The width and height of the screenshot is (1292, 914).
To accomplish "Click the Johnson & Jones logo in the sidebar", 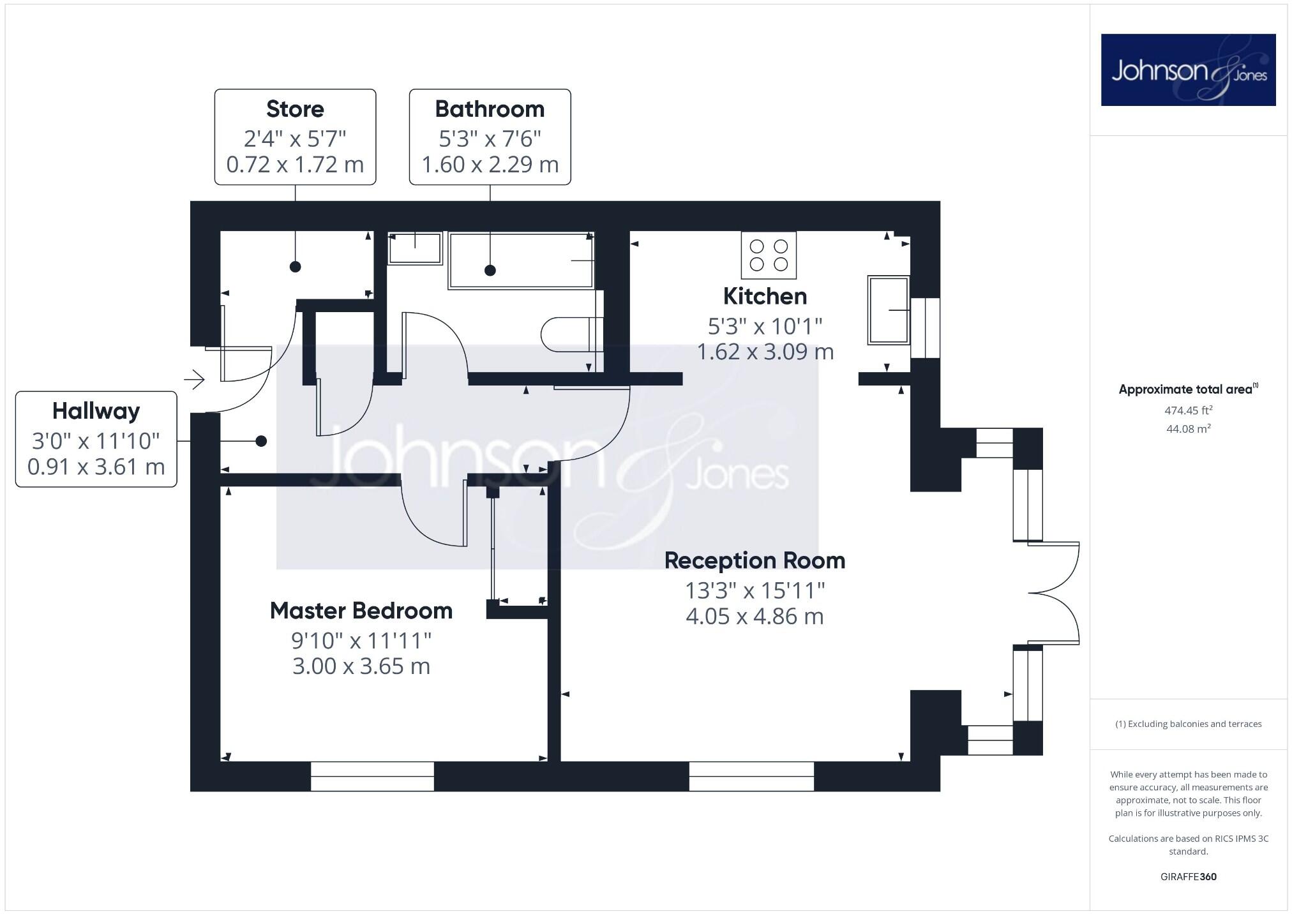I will click(x=1188, y=70).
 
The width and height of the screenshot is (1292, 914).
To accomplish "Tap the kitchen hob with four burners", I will click(x=769, y=255).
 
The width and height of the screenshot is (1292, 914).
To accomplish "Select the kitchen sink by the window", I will click(x=889, y=310).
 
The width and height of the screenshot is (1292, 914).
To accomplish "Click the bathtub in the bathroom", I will click(x=521, y=260).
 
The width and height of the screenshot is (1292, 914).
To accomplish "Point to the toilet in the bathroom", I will click(x=570, y=334).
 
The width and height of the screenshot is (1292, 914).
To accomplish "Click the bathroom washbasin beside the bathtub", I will click(x=415, y=248).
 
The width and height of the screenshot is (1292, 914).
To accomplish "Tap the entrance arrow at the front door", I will click(x=194, y=380).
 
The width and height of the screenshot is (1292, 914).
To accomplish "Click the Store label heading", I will click(x=295, y=109).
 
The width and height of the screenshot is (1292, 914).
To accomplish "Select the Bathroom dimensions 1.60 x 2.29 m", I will click(x=490, y=165).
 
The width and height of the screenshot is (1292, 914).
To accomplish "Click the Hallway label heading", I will click(x=96, y=411).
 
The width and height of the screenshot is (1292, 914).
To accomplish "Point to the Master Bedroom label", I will click(x=361, y=611).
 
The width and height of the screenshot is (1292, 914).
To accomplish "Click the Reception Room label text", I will click(x=755, y=560).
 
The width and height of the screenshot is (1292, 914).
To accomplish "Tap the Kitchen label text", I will click(x=765, y=296).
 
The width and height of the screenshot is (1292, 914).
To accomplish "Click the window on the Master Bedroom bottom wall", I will click(x=372, y=775).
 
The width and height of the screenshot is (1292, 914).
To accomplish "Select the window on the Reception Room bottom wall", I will click(x=751, y=775).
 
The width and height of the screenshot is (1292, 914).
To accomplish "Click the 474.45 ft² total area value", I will click(x=1188, y=410).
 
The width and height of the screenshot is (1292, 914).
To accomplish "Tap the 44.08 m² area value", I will click(x=1188, y=429).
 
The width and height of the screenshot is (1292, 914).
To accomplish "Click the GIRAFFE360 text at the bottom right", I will click(x=1188, y=876).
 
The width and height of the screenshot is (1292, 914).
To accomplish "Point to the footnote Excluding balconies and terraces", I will click(x=1188, y=724).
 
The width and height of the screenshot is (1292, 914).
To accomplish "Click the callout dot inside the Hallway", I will click(x=261, y=441).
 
